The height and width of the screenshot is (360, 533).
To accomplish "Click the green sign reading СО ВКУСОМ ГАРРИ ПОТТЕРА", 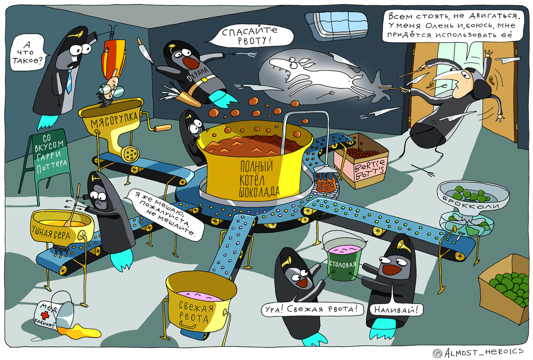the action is pos(50,153).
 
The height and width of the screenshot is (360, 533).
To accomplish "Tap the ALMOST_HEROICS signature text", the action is pos(482,352).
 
